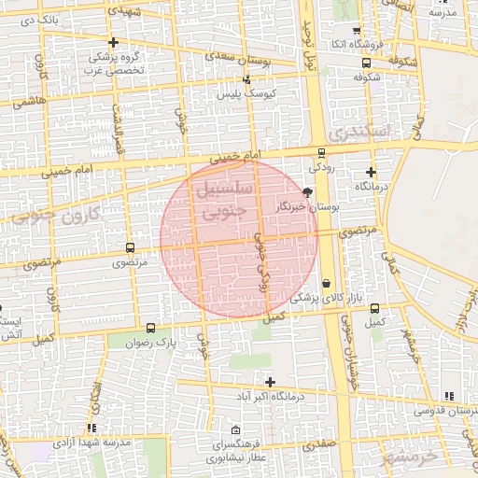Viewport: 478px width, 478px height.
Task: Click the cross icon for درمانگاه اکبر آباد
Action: [271, 382]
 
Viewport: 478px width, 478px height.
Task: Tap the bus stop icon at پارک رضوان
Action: [151, 328]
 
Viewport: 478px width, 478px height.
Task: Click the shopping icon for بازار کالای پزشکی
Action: [326, 283]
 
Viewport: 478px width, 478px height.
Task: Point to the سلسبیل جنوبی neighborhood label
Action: [212, 198]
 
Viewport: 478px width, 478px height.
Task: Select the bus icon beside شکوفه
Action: [366, 63]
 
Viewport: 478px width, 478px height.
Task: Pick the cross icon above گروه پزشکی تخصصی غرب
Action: [114, 43]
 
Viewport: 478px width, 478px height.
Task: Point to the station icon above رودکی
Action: [322, 153]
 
